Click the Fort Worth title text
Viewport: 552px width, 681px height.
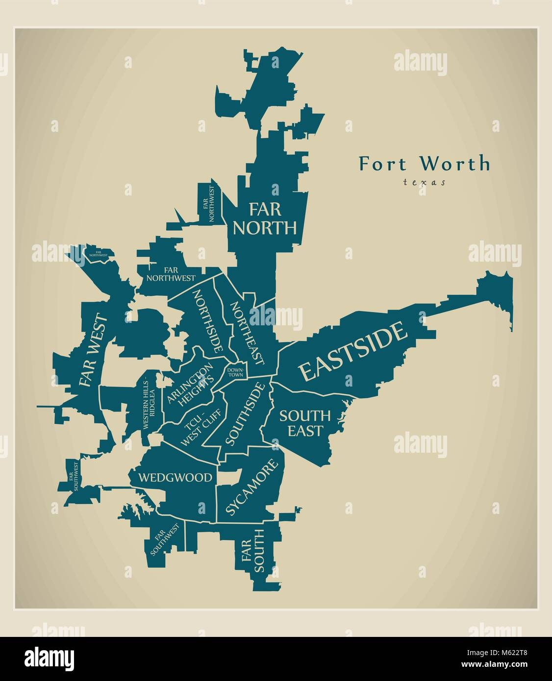[x=424, y=163]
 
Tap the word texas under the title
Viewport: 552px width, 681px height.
[x=424, y=182]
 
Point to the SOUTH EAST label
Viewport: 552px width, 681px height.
[x=304, y=423]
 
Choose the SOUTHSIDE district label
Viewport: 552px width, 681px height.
[x=245, y=413]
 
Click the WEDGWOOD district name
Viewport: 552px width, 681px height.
[x=175, y=477]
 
